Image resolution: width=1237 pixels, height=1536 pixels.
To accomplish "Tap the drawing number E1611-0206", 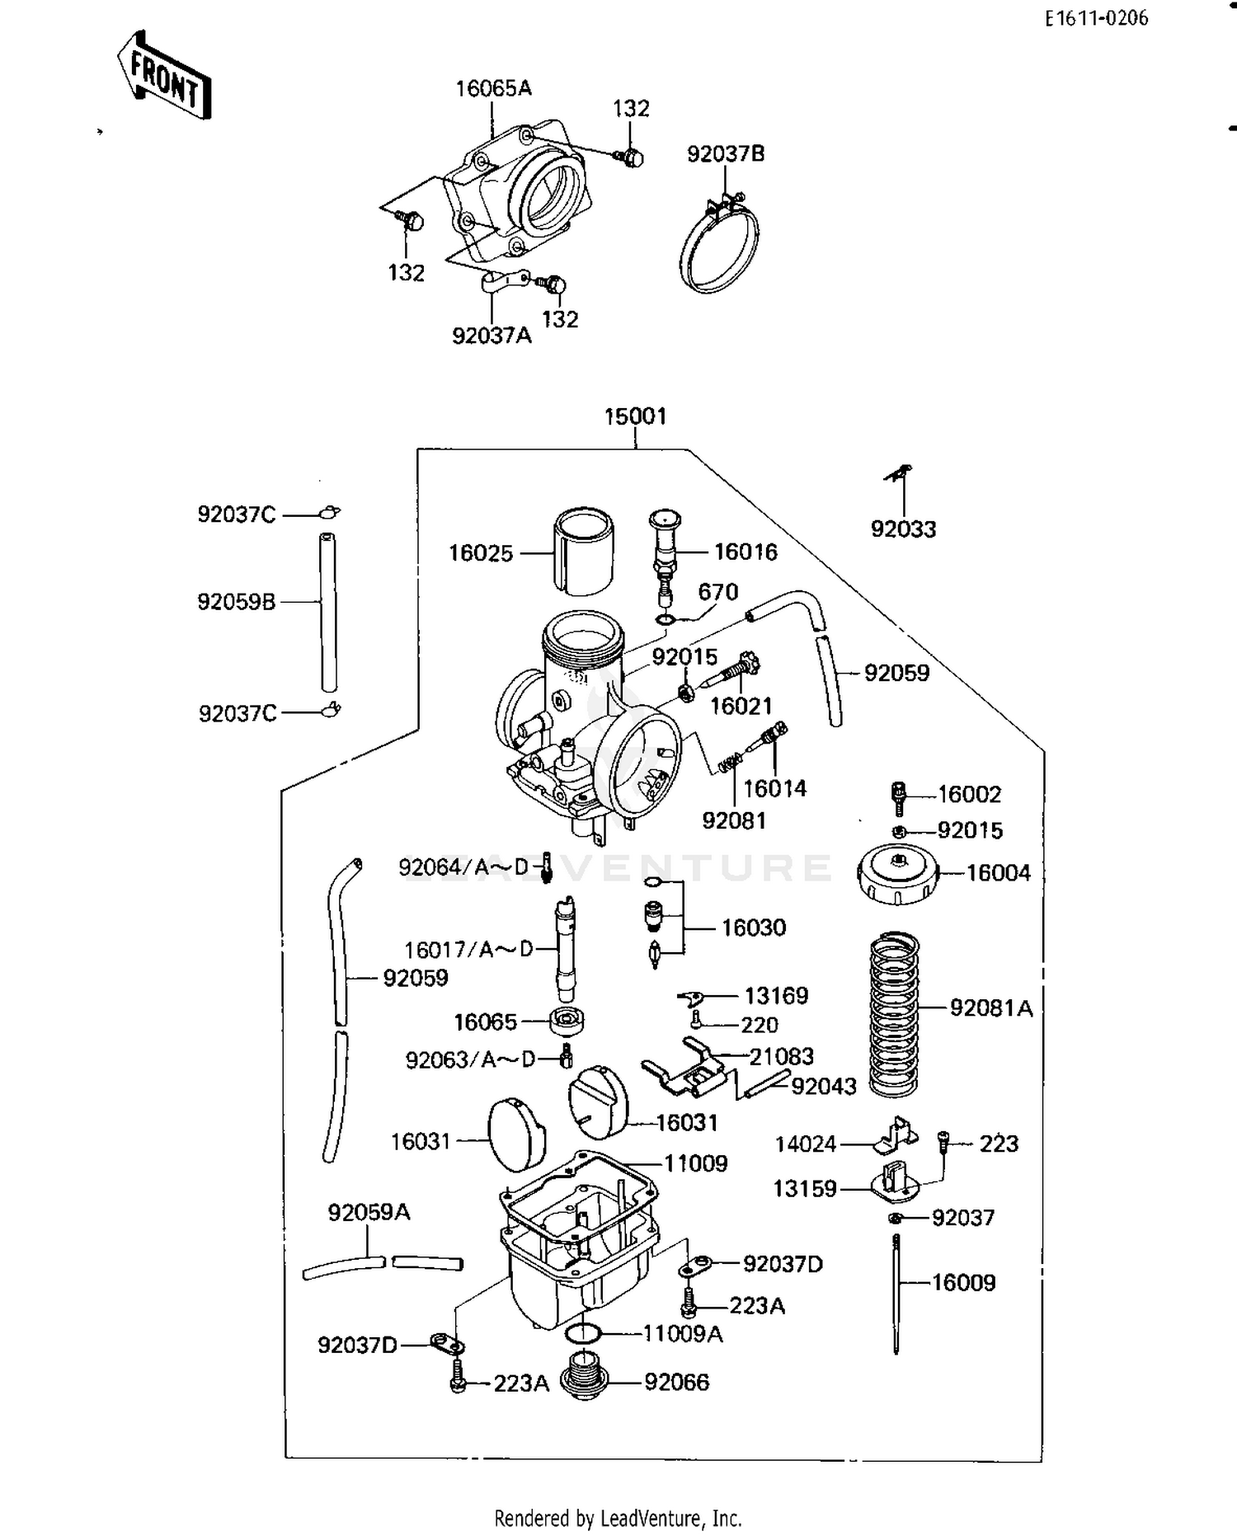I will coord(1096,18).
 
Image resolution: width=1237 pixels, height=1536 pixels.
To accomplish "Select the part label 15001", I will coord(635,416).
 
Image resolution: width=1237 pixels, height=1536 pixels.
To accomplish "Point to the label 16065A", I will coord(493,88).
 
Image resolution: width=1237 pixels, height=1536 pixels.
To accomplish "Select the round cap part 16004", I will coord(898,875).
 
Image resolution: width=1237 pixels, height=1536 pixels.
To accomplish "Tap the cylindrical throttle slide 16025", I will coord(583,552).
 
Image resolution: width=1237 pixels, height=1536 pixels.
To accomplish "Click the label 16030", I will coord(754,928).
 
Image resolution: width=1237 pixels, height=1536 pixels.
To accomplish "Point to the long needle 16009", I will coord(896,1294).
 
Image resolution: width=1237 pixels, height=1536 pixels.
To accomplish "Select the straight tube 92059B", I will coord(328,612).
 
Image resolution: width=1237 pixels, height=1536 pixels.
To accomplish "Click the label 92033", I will coord(903,529).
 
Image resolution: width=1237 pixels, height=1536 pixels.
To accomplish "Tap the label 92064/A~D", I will coord(463,867).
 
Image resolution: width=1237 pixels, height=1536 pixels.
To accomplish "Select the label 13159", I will coord(805,1189).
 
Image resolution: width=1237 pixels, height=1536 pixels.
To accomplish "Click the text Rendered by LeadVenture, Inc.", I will coord(618,1518).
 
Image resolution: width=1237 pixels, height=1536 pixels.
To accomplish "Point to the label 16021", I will coord(741,706).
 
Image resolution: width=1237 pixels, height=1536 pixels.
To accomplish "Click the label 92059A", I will coord(369,1212).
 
